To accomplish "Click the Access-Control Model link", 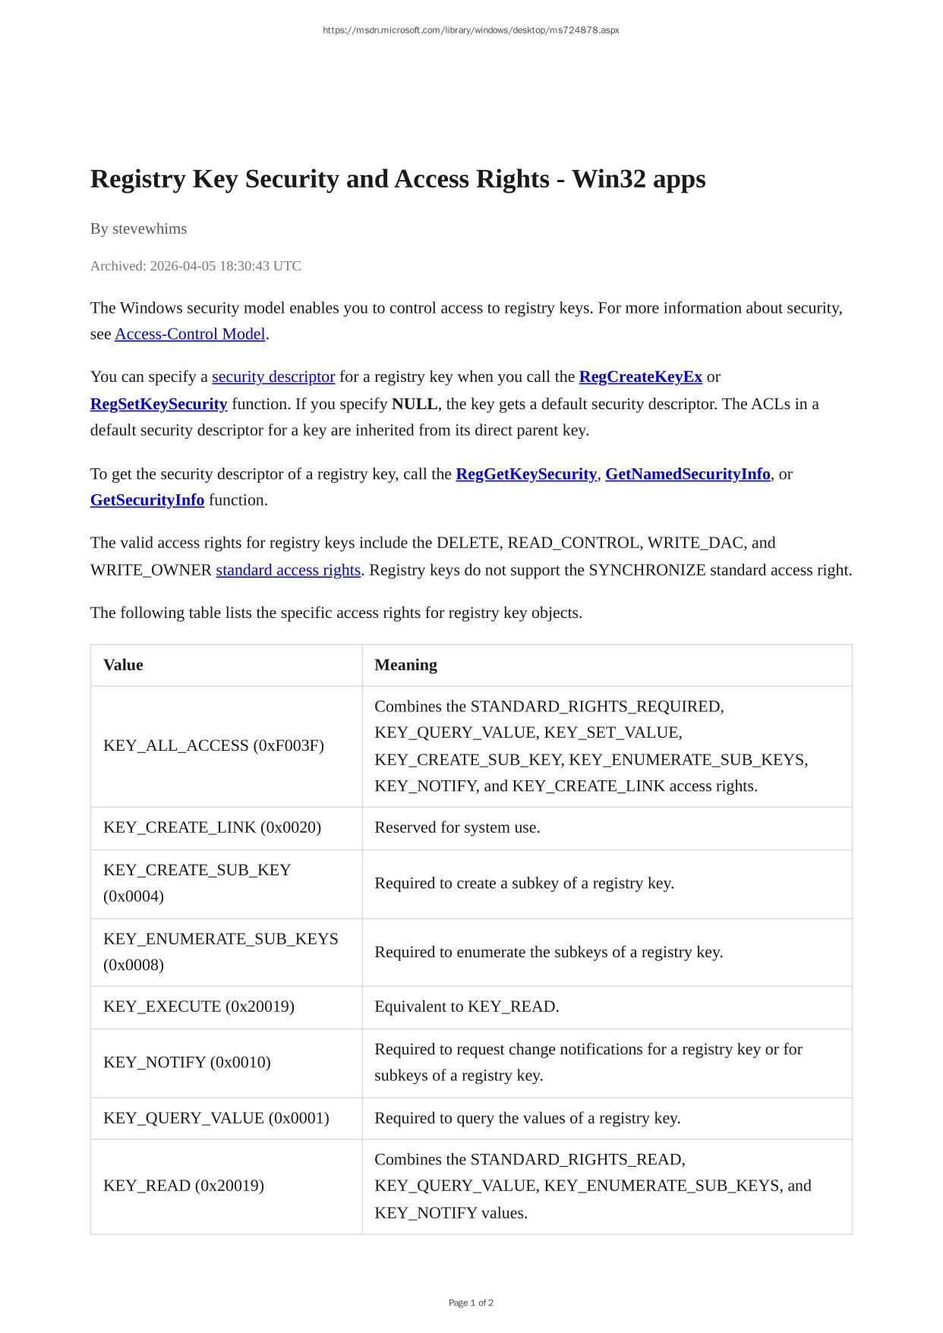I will tap(190, 334).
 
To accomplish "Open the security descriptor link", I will tap(273, 377).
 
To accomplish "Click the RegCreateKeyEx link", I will tap(640, 377).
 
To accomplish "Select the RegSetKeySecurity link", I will tap(159, 404).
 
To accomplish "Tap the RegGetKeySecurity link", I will tap(525, 474).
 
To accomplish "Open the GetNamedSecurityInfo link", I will tap(687, 474).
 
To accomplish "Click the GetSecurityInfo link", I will tap(147, 499).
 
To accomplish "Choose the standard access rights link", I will tap(288, 569).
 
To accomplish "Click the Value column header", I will tap(123, 665).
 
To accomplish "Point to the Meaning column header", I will tap(405, 665).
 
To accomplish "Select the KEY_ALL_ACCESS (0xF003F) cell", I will tap(213, 745).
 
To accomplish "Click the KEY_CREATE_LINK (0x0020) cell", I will tap(212, 827).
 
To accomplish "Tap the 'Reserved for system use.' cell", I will tap(457, 827).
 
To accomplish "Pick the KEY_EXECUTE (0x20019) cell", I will tap(199, 1007).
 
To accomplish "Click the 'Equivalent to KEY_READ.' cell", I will tap(466, 1007).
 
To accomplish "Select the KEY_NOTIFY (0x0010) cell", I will tap(187, 1062).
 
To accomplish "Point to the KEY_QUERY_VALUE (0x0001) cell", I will tap(216, 1118).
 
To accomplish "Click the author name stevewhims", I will tap(150, 228).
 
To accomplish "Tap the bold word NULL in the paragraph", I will tap(415, 404).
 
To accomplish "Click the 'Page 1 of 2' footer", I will tap(471, 1303).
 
